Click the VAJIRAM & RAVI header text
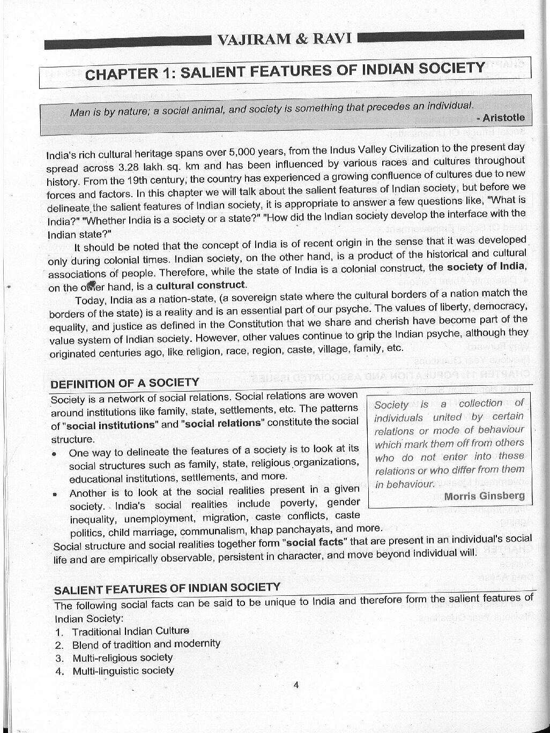pos(284,39)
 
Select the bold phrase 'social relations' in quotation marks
pos(223,423)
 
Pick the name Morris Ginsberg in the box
pos(484,496)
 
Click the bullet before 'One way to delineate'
pos(55,453)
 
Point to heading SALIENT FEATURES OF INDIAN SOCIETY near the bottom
pos(167,588)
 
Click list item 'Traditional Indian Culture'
pos(130,631)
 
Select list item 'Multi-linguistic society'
pos(123,671)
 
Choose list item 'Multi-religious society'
pos(122,657)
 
